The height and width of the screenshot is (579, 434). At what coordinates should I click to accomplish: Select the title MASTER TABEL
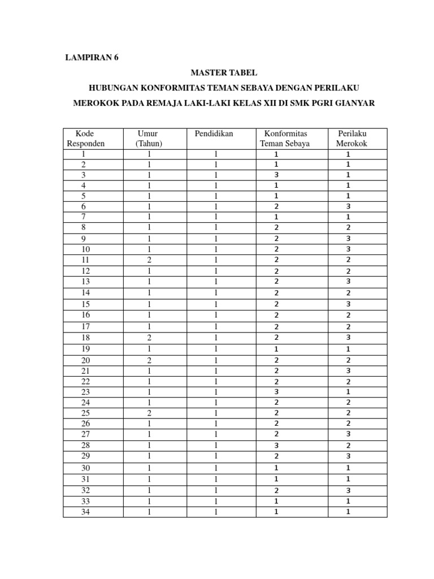tap(223, 72)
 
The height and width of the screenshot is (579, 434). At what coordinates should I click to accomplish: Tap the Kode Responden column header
tap(85, 139)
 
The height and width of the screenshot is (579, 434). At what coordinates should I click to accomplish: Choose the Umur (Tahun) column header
tap(149, 139)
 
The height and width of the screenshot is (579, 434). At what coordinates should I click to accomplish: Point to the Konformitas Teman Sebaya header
tap(292, 139)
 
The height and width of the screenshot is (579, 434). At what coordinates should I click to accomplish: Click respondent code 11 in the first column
tap(85, 260)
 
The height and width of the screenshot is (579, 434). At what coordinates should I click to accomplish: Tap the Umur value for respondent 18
tap(149, 338)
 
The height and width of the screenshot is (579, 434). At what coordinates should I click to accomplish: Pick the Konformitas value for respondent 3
tap(276, 175)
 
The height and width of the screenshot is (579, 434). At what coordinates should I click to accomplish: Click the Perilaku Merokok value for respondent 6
tap(349, 207)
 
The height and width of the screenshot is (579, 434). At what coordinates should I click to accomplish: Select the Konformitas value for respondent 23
tap(276, 392)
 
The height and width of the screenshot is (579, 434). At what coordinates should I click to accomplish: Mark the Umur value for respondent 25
tap(149, 413)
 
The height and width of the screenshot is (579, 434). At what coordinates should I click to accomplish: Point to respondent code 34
tap(85, 512)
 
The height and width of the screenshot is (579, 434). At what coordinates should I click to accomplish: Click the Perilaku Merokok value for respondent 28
tap(349, 446)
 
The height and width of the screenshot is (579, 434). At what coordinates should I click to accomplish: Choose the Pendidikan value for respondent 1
tap(216, 154)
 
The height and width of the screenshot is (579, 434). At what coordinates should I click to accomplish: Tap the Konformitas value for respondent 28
tap(276, 446)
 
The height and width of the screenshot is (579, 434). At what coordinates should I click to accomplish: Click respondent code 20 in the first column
tap(85, 361)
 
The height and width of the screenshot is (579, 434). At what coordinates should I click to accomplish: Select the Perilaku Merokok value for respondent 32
tap(349, 491)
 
